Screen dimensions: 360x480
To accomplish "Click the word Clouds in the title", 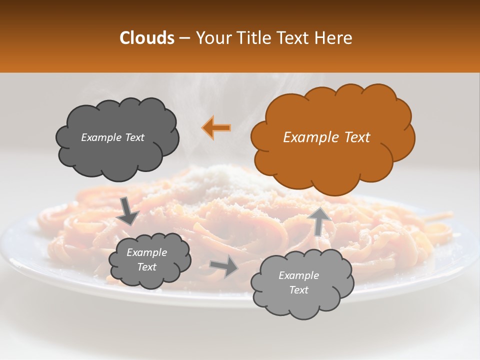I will (x=146, y=38).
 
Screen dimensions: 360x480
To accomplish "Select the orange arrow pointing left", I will (x=216, y=128).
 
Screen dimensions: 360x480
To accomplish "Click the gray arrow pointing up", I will (x=320, y=220).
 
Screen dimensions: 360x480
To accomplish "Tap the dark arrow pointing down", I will (x=127, y=210).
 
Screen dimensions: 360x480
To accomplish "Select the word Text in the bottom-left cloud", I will (x=147, y=267).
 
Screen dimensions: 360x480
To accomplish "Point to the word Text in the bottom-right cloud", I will (x=299, y=290).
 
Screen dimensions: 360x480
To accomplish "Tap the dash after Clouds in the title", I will (x=184, y=38).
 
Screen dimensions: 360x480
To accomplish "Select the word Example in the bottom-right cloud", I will (x=299, y=275).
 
